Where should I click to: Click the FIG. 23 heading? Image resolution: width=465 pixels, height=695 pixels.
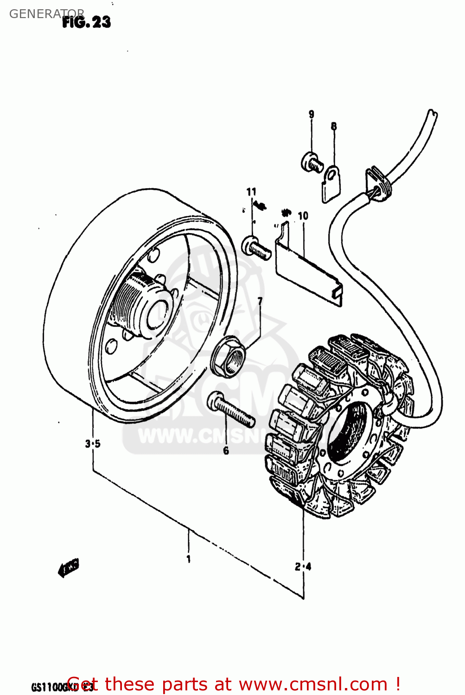pos(87,22)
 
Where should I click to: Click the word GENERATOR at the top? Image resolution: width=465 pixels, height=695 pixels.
pos(46,14)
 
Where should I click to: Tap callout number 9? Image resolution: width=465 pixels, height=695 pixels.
pos(311,114)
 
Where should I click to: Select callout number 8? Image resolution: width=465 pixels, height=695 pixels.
pos(333,126)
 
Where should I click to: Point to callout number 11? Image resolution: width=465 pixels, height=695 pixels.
pos(251,192)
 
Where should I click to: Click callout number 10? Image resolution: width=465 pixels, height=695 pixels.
pos(303,216)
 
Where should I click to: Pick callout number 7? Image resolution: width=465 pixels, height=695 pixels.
pos(260,302)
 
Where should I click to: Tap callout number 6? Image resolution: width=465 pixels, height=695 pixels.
pos(226,450)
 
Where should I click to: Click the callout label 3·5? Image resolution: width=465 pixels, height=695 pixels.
pos(93,444)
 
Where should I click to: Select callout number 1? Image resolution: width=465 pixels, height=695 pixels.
pos(188,559)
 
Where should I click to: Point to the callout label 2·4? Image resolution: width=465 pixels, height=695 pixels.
pos(303,566)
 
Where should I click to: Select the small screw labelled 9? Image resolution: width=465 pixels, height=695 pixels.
pos(312,162)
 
